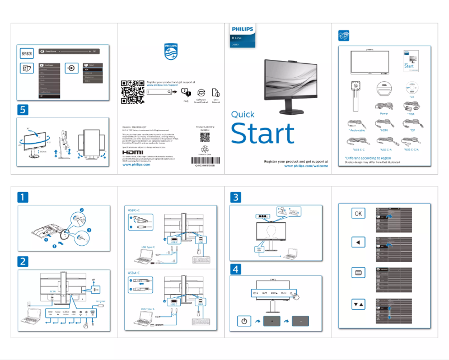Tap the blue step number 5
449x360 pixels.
coord(23,109)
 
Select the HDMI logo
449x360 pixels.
coord(133,152)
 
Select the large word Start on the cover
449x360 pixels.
coord(263,134)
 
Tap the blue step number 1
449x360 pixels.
coord(23,197)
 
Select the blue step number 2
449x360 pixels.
coord(23,261)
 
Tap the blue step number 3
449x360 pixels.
coord(236,197)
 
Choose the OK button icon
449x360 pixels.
coord(359,213)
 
